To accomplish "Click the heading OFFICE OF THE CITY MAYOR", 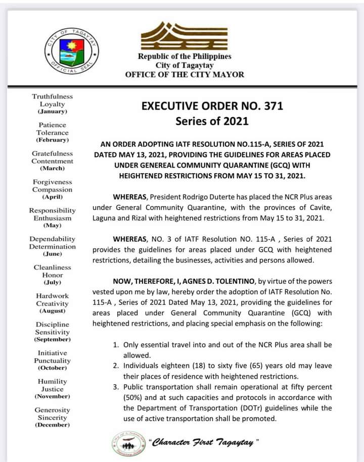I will pyautogui.click(x=185, y=75).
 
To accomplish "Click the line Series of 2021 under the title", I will pyautogui.click(x=212, y=121).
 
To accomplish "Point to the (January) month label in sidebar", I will pyautogui.click(x=53, y=111).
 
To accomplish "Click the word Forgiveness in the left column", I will pyautogui.click(x=53, y=182).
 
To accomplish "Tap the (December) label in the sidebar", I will pyautogui.click(x=53, y=425).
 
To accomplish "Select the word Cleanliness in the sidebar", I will pyautogui.click(x=53, y=267).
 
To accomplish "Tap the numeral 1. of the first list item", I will pyautogui.click(x=115, y=345).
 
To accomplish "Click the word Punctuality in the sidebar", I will pyautogui.click(x=53, y=361).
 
